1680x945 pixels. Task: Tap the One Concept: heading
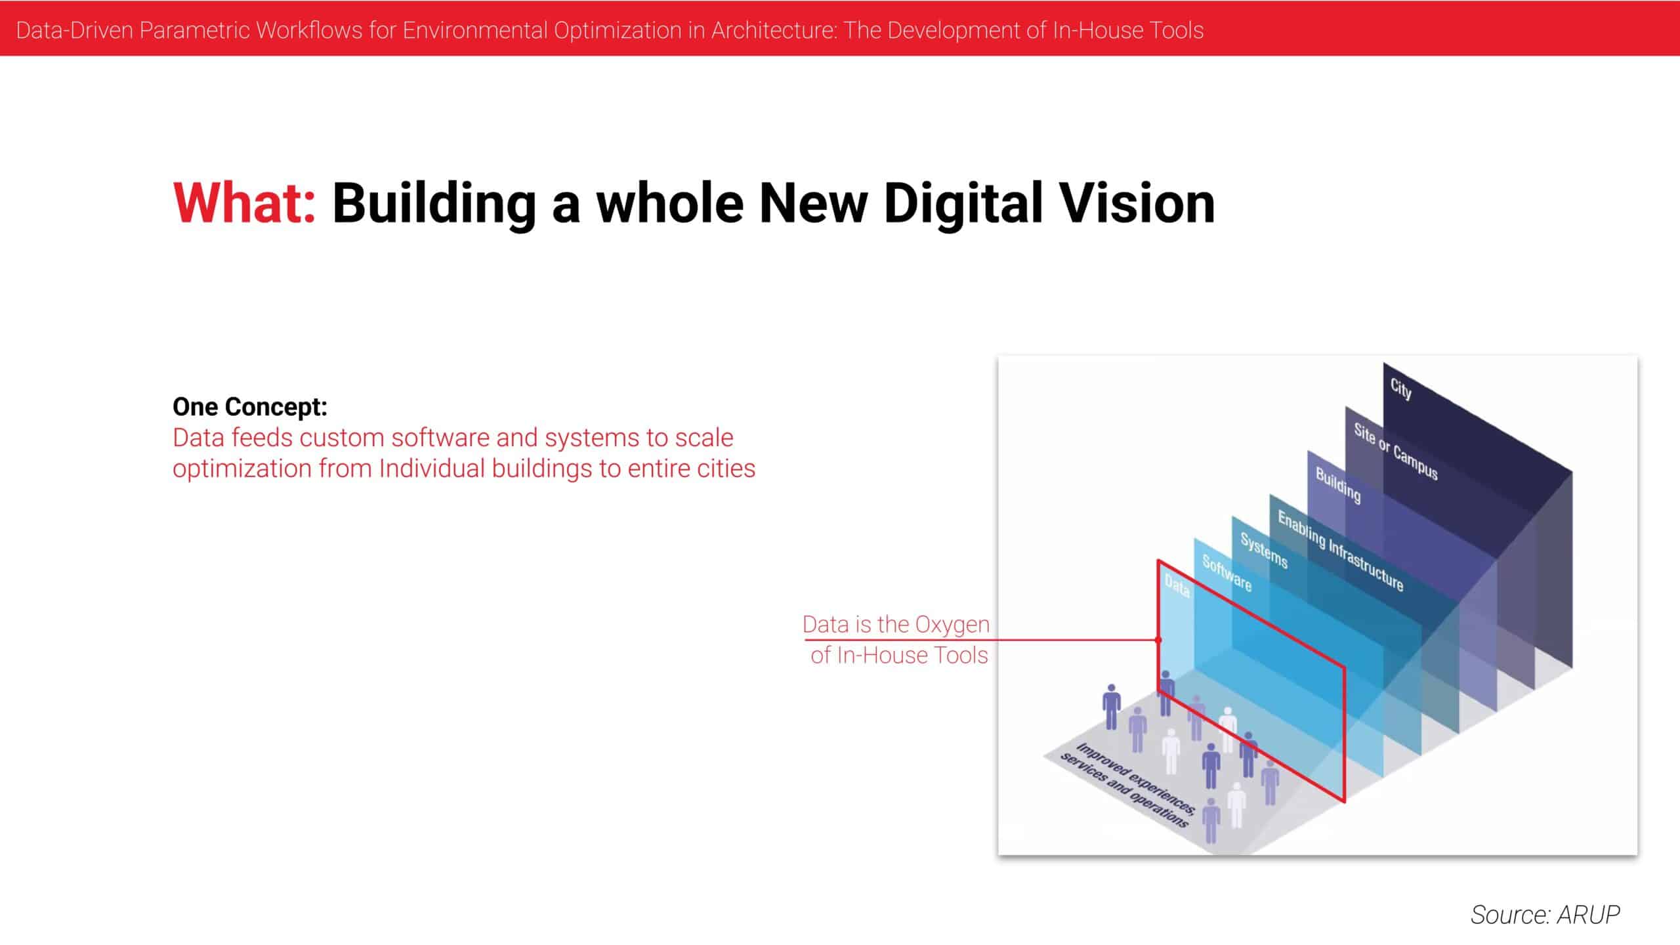(x=250, y=407)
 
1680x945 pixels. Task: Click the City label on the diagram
(x=1400, y=389)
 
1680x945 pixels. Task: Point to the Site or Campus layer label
(x=1396, y=451)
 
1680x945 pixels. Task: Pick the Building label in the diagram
(x=1338, y=485)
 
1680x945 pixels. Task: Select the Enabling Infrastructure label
(x=1341, y=551)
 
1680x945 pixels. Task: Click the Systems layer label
(x=1264, y=550)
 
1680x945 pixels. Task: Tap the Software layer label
(x=1227, y=572)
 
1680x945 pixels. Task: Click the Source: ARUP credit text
(x=1545, y=914)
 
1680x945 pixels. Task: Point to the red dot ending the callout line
(x=1158, y=639)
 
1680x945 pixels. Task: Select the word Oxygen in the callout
(x=952, y=624)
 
